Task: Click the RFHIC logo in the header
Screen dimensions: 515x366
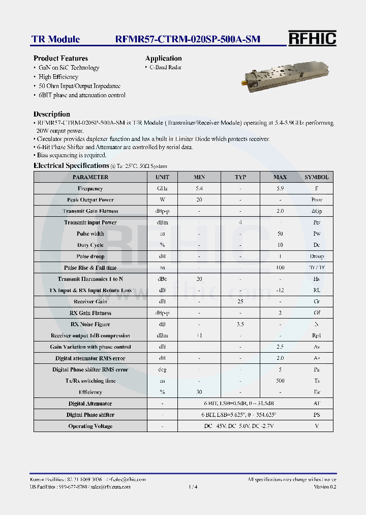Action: click(x=312, y=39)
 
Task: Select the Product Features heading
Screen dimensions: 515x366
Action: click(x=60, y=59)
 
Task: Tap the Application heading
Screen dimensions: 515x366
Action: click(x=163, y=59)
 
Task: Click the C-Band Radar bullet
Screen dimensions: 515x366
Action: click(x=165, y=68)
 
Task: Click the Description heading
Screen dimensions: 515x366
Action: click(x=51, y=114)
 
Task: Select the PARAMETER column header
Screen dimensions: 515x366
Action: click(x=90, y=177)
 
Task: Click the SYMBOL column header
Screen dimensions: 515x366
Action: click(x=316, y=177)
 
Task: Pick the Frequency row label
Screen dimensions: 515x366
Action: click(x=90, y=189)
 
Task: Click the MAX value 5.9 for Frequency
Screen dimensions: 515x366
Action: click(x=280, y=189)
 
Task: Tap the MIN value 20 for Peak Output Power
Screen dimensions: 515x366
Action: click(x=199, y=200)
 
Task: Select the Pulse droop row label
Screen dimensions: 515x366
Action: click(x=90, y=256)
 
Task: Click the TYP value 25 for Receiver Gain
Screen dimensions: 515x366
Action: click(x=240, y=302)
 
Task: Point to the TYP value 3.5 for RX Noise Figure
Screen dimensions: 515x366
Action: click(x=240, y=324)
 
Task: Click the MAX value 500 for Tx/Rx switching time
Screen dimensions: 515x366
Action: click(x=280, y=381)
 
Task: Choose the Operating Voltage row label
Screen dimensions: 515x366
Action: click(x=90, y=426)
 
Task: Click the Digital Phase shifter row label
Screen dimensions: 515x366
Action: click(x=90, y=415)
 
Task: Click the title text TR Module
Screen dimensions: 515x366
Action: click(x=55, y=39)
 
